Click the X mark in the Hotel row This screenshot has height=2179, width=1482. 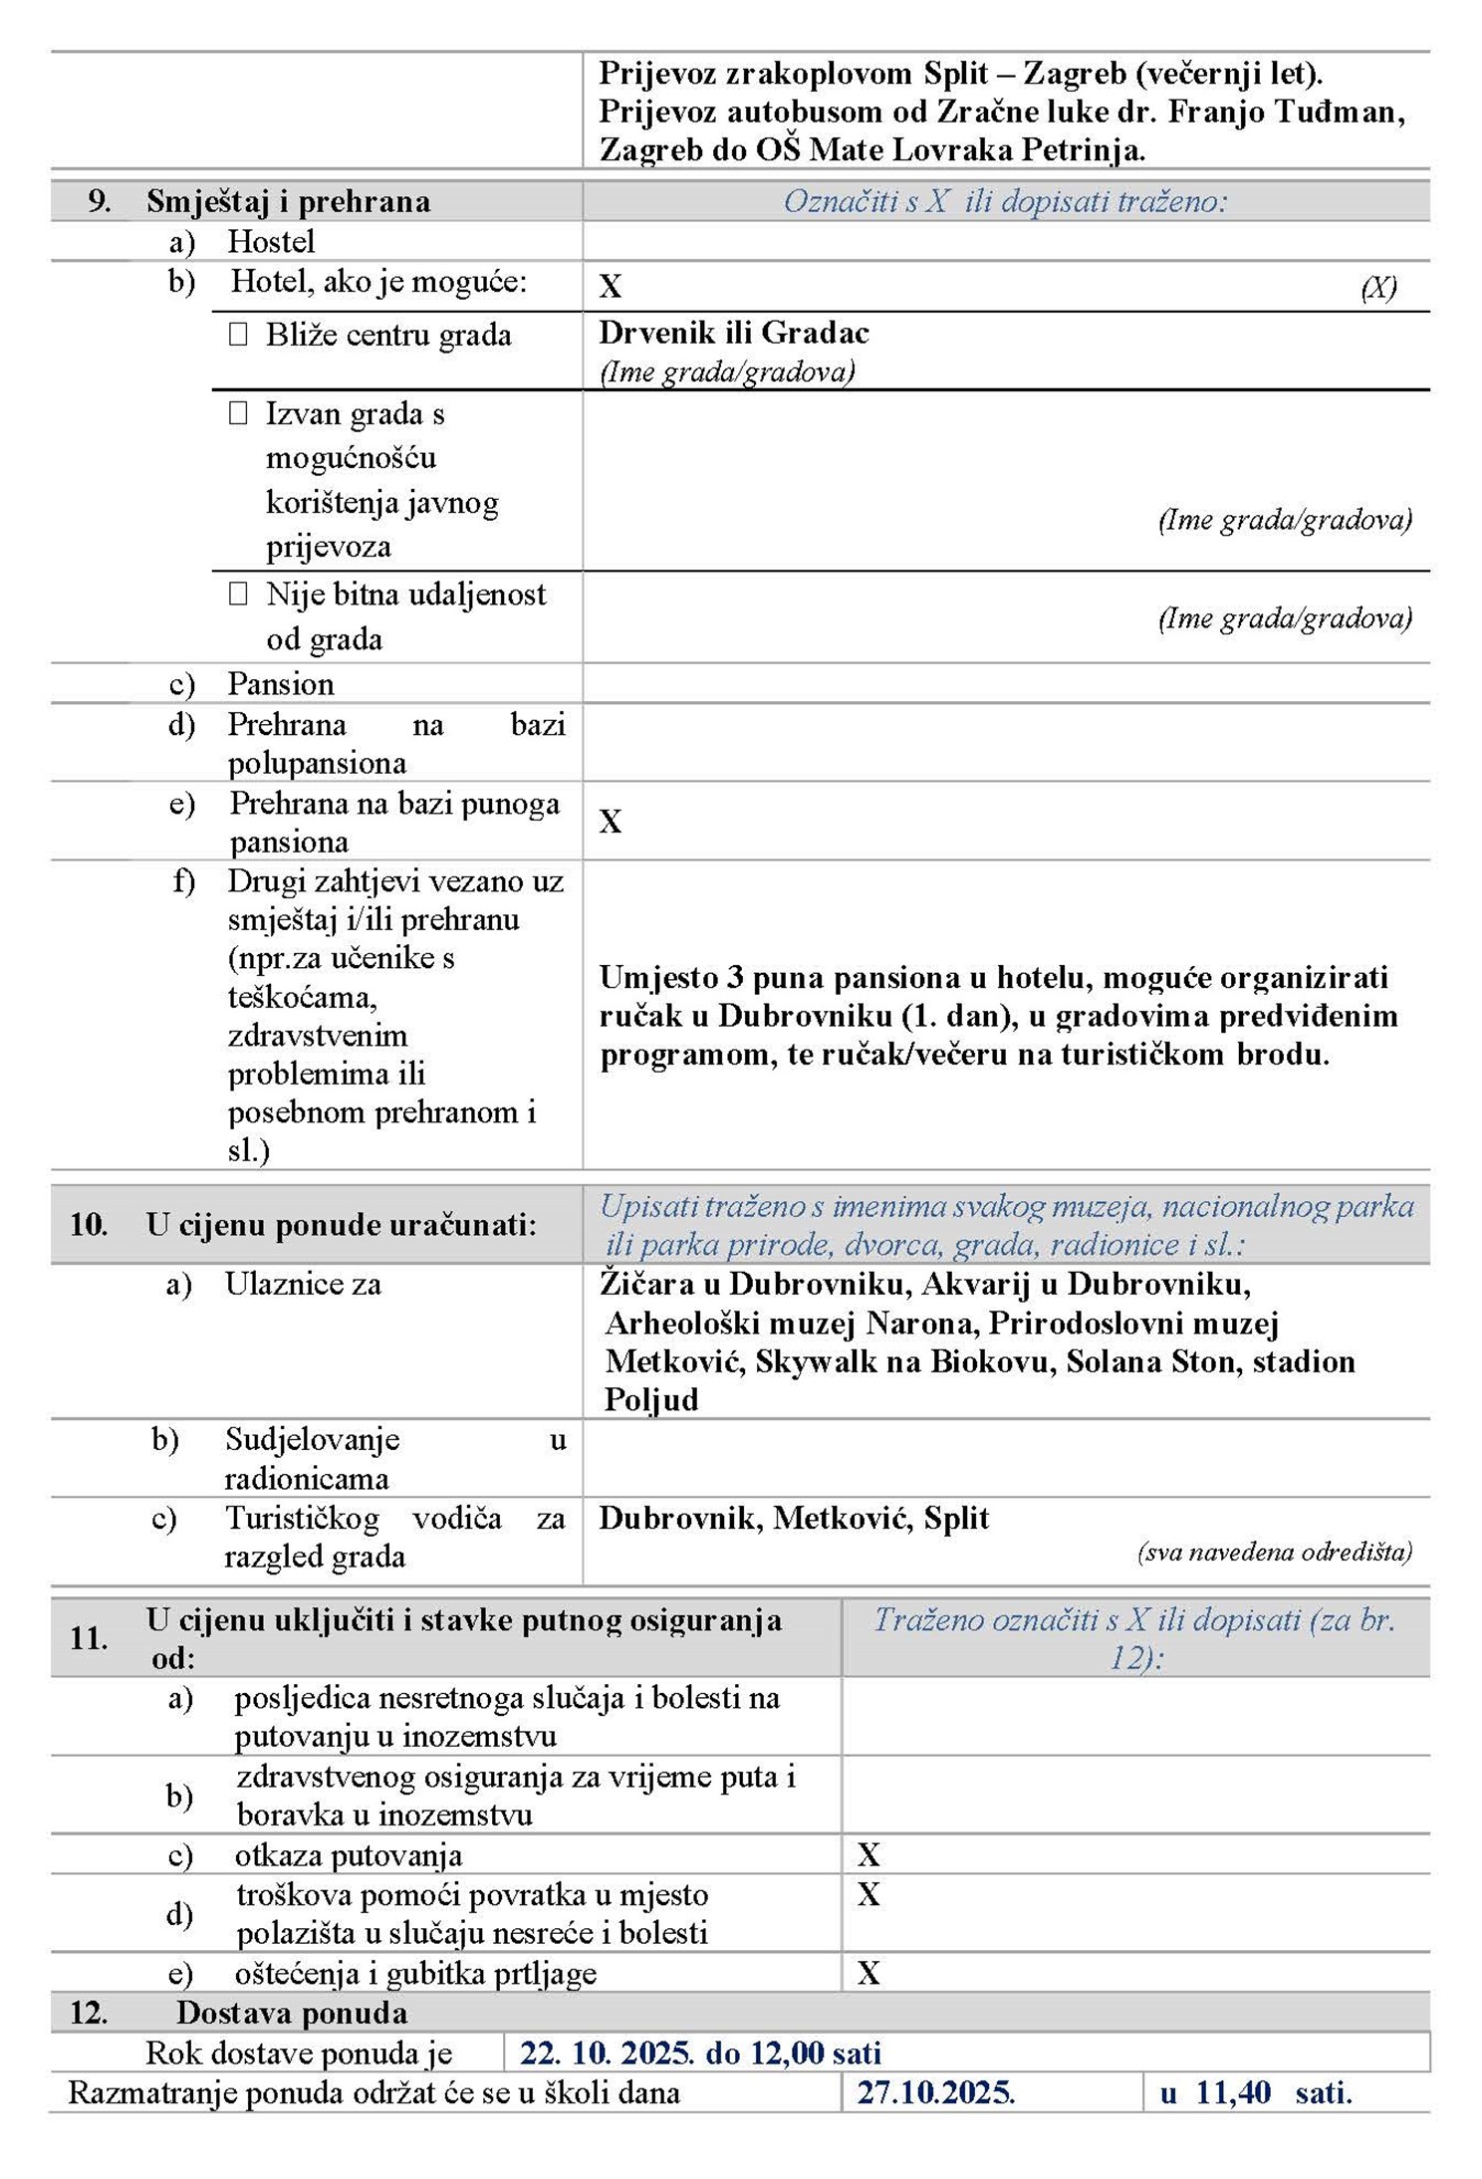611,287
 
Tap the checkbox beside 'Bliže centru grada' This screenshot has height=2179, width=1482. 238,335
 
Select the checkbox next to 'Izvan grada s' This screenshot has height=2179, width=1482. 238,413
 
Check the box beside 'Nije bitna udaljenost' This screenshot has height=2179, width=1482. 238,595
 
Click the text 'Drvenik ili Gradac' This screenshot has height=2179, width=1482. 734,333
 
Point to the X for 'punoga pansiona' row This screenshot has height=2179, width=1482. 611,822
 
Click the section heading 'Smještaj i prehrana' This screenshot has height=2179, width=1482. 288,202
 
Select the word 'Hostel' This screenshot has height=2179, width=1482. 271,242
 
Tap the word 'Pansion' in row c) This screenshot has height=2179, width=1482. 281,684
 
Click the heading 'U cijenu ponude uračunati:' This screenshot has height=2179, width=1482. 341,1225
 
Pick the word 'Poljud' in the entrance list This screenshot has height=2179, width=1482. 651,1400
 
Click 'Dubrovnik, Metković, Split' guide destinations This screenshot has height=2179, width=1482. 794,1518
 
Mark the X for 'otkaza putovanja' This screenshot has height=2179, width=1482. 868,1854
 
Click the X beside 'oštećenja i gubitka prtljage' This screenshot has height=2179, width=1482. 868,1973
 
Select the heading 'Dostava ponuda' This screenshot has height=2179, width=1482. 292,2013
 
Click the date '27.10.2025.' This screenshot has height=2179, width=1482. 936,2092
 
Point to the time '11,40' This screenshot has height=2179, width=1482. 1233,2092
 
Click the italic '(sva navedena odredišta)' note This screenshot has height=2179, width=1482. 1275,1552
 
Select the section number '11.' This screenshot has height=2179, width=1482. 88,1638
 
